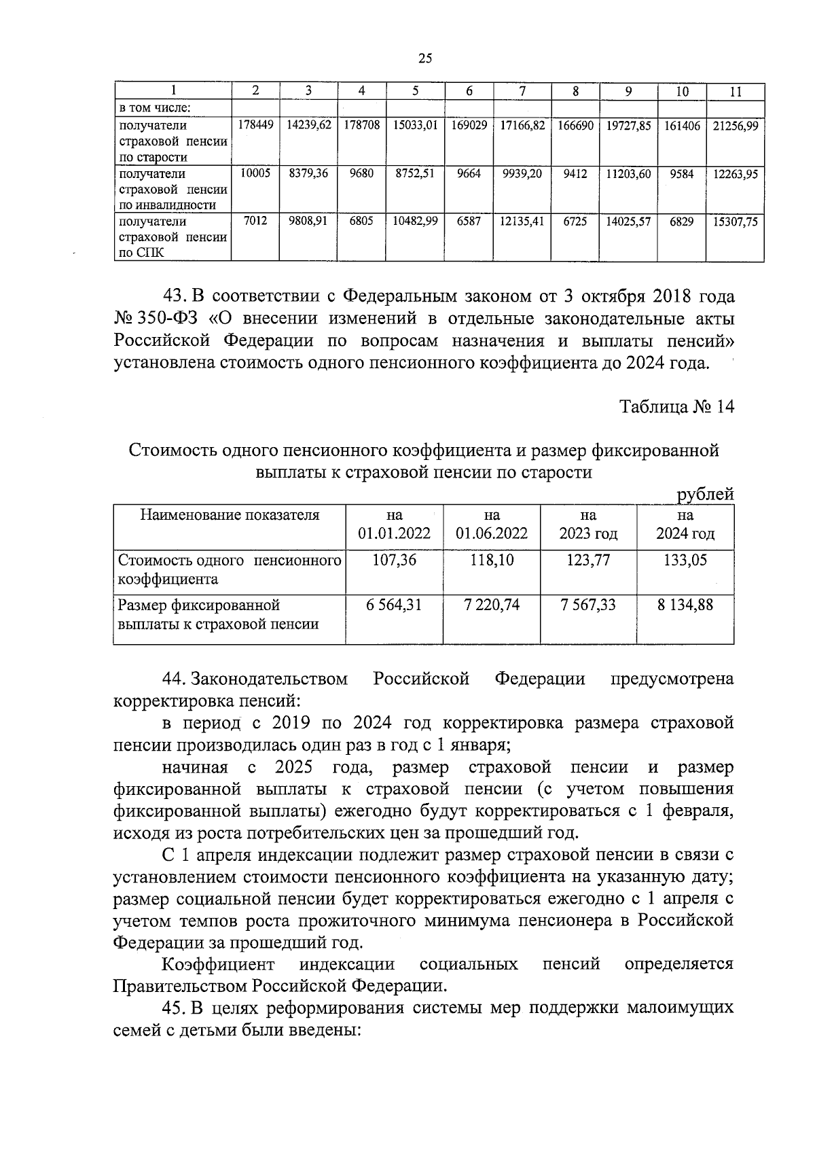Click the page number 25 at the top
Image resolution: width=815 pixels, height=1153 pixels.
425,58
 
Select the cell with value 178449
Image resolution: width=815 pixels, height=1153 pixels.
255,126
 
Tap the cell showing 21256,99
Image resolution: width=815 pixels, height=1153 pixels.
735,126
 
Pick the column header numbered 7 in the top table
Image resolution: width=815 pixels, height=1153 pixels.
522,92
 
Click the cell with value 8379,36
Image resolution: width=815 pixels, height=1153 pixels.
308,174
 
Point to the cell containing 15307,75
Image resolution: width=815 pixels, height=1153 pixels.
735,221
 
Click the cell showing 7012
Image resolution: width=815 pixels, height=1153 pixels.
255,221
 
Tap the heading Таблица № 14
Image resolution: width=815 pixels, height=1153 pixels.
676,407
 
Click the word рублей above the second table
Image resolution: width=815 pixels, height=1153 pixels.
706,495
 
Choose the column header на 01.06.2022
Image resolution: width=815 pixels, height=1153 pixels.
492,525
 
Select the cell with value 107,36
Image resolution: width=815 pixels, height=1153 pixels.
395,560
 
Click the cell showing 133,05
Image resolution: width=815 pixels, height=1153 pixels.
685,560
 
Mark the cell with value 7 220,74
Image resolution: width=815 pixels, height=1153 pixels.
492,605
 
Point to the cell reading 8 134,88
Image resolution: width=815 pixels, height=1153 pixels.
685,605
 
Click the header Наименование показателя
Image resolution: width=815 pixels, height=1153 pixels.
230,515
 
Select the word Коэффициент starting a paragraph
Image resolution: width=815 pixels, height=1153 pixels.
218,964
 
